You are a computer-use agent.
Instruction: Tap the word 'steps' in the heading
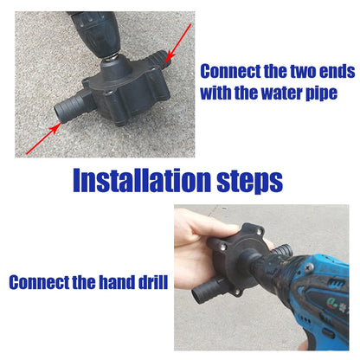pos(246,181)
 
